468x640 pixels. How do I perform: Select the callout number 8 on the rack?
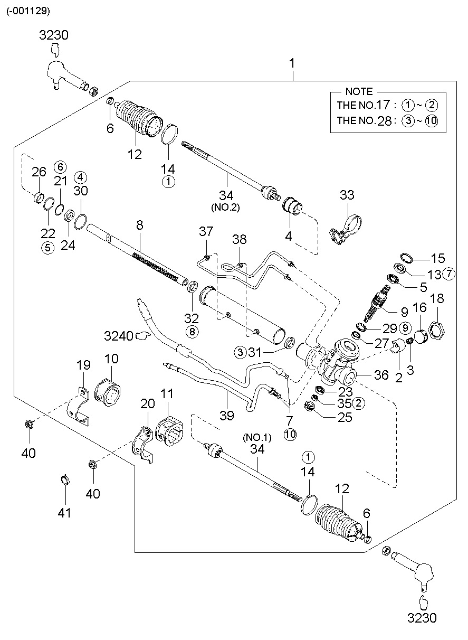pyautogui.click(x=139, y=225)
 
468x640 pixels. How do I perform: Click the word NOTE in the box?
pyautogui.click(x=359, y=91)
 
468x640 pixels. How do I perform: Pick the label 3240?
pyautogui.click(x=119, y=335)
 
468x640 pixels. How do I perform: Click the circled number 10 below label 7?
pyautogui.click(x=290, y=435)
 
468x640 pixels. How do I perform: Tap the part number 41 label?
pyautogui.click(x=65, y=512)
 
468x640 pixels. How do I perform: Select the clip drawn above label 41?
pyautogui.click(x=64, y=479)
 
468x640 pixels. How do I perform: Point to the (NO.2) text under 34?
pyautogui.click(x=226, y=207)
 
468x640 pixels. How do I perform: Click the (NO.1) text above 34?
pyautogui.click(x=257, y=437)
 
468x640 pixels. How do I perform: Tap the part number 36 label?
pyautogui.click(x=381, y=375)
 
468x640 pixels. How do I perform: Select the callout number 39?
pyautogui.click(x=226, y=416)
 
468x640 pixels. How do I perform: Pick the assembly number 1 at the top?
pyautogui.click(x=292, y=63)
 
